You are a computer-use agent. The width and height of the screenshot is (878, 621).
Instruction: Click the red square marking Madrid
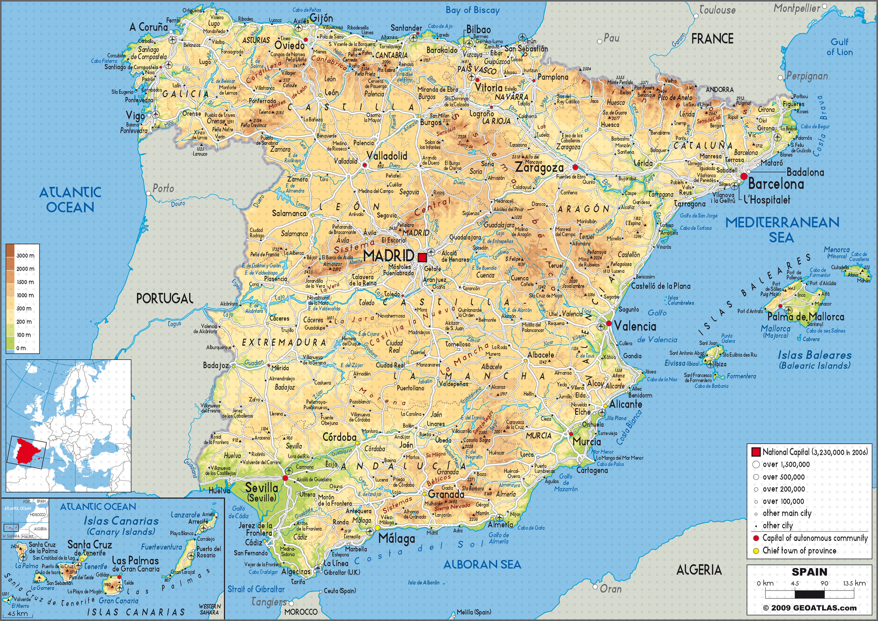point(422,258)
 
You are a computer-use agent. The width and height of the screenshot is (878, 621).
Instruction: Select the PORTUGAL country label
point(165,299)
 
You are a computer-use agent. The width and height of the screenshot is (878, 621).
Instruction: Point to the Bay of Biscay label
point(473,10)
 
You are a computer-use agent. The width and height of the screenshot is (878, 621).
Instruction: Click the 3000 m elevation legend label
point(25,255)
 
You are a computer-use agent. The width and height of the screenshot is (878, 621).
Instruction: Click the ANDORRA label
point(720,90)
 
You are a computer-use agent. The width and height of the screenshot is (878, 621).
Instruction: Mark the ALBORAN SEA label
point(482,564)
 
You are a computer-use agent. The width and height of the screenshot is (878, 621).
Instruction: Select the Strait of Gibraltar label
point(256,589)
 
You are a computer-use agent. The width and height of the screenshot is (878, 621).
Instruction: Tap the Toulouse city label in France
point(717,10)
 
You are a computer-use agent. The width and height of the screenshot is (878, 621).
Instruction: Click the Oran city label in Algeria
point(611,589)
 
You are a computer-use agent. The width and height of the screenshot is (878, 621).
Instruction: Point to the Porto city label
point(163,188)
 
